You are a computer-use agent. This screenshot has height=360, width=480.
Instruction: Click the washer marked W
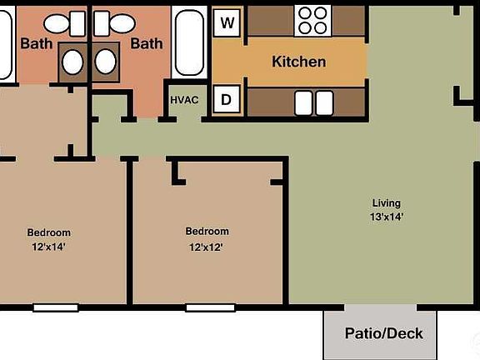pyautogui.click(x=225, y=22)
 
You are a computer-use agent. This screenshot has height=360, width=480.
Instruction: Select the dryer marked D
pyautogui.click(x=225, y=100)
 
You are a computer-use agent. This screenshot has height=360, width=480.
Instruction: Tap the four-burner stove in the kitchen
pyautogui.click(x=313, y=19)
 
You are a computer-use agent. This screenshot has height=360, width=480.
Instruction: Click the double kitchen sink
pyautogui.click(x=313, y=102)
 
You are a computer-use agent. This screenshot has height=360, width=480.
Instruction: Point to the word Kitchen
pyautogui.click(x=298, y=62)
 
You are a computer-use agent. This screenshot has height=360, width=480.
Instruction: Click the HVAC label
pyautogui.click(x=184, y=100)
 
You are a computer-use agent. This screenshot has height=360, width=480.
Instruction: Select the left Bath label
pyautogui.click(x=36, y=43)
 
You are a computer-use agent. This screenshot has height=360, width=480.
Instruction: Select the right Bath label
pyautogui.click(x=146, y=43)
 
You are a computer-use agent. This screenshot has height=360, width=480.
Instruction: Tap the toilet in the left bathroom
pyautogui.click(x=63, y=23)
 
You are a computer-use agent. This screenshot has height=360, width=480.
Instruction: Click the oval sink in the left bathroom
pyautogui.click(x=73, y=62)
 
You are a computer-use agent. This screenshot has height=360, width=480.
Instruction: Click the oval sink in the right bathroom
pyautogui.click(x=106, y=62)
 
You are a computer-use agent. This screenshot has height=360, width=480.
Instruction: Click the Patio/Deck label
pyautogui.click(x=384, y=333)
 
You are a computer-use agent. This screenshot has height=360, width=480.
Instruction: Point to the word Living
pyautogui.click(x=387, y=202)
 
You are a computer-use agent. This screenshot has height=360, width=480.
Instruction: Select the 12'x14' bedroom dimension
pyautogui.click(x=49, y=247)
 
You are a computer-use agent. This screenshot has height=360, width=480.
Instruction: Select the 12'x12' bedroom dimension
pyautogui.click(x=206, y=247)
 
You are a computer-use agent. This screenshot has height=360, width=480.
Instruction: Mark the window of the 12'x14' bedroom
pyautogui.click(x=56, y=307)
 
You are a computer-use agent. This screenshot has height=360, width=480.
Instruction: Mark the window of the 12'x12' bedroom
pyautogui.click(x=210, y=307)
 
